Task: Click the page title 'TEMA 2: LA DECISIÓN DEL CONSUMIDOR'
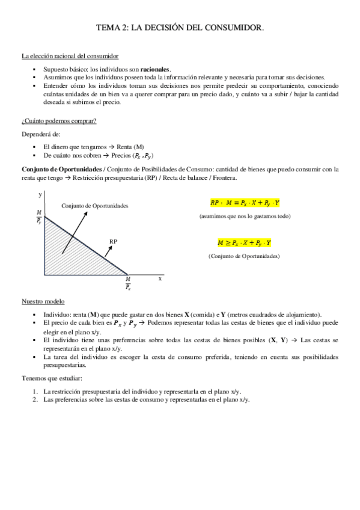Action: (x=180, y=28)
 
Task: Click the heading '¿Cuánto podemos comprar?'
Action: (x=59, y=121)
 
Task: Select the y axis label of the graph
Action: (x=40, y=195)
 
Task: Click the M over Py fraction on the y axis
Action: (x=40, y=217)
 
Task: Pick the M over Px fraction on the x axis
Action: (x=128, y=283)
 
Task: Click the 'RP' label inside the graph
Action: (x=112, y=241)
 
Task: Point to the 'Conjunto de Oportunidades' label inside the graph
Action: (x=95, y=206)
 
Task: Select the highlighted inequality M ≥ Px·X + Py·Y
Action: (x=244, y=243)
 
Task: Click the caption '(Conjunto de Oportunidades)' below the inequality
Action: (x=244, y=256)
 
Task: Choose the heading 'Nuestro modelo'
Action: (x=43, y=300)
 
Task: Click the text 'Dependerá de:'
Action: (x=40, y=134)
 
